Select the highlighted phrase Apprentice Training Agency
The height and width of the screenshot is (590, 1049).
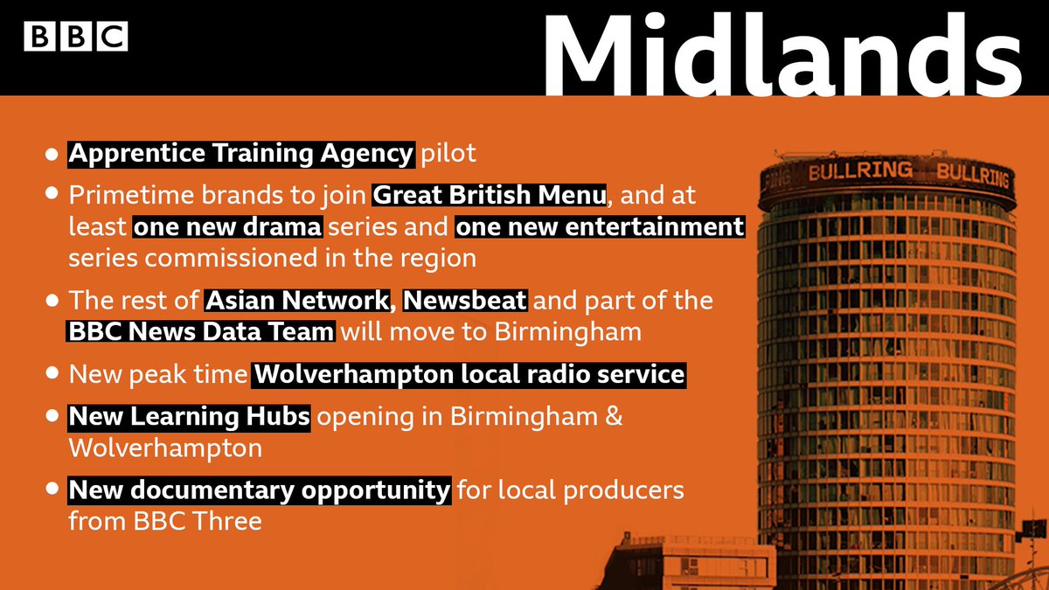[241, 155]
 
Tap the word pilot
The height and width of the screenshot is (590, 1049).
[448, 155]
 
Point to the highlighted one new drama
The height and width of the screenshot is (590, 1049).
[228, 228]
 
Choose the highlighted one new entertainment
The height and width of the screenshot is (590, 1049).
[600, 228]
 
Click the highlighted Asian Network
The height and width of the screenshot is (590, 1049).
[296, 302]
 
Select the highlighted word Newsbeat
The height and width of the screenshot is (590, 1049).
[465, 302]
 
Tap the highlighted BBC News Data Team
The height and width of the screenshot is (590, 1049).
[201, 332]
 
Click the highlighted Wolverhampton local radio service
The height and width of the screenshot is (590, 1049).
[469, 375]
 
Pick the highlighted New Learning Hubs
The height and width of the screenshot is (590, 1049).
[189, 417]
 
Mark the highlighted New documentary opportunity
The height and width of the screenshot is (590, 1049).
[260, 490]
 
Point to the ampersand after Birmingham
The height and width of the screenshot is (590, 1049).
[614, 417]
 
